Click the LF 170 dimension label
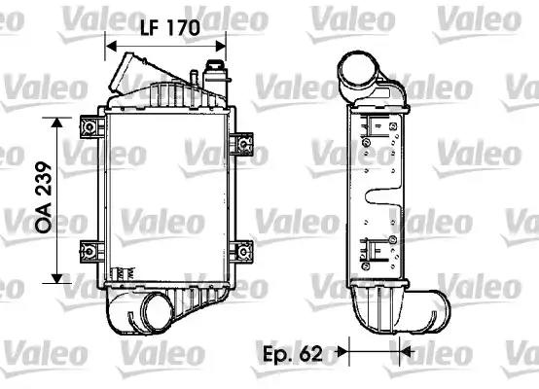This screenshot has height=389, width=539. (x=170, y=27)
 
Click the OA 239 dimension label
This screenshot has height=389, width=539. (x=44, y=197)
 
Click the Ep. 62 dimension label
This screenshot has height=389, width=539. (x=293, y=353)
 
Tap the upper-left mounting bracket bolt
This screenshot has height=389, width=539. (x=90, y=127)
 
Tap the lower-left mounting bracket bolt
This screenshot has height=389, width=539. (x=90, y=252)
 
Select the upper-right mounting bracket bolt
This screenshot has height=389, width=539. (x=244, y=144)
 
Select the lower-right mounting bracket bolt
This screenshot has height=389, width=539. (x=244, y=252)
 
